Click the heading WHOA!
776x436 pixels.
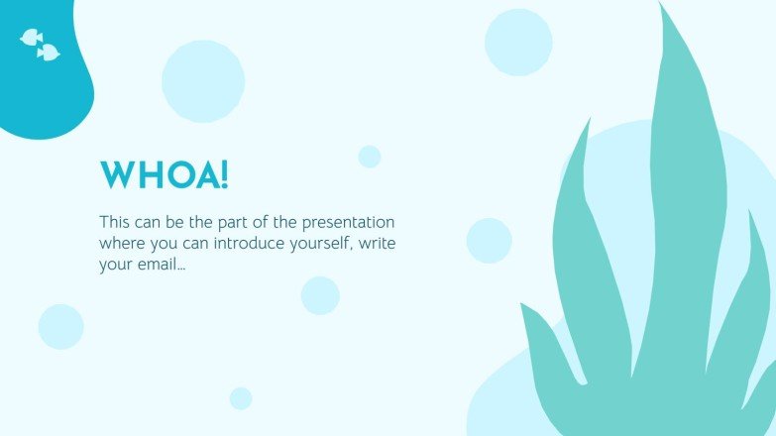click(x=165, y=174)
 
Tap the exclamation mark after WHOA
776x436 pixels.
click(x=224, y=174)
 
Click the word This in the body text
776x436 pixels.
click(x=114, y=222)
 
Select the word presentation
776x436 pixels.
click(x=349, y=223)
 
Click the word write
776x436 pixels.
click(x=378, y=243)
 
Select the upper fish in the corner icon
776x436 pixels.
click(x=31, y=37)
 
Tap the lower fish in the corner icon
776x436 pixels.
click(x=49, y=52)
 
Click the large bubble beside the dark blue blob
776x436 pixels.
click(x=203, y=81)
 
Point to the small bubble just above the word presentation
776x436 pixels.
click(x=370, y=157)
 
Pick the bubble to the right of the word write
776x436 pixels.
click(x=489, y=241)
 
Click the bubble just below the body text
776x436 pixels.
click(x=320, y=295)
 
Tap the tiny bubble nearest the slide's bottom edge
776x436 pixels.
click(x=241, y=398)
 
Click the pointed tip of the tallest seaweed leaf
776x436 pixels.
click(x=661, y=3)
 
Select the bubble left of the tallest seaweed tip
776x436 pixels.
click(x=518, y=43)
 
